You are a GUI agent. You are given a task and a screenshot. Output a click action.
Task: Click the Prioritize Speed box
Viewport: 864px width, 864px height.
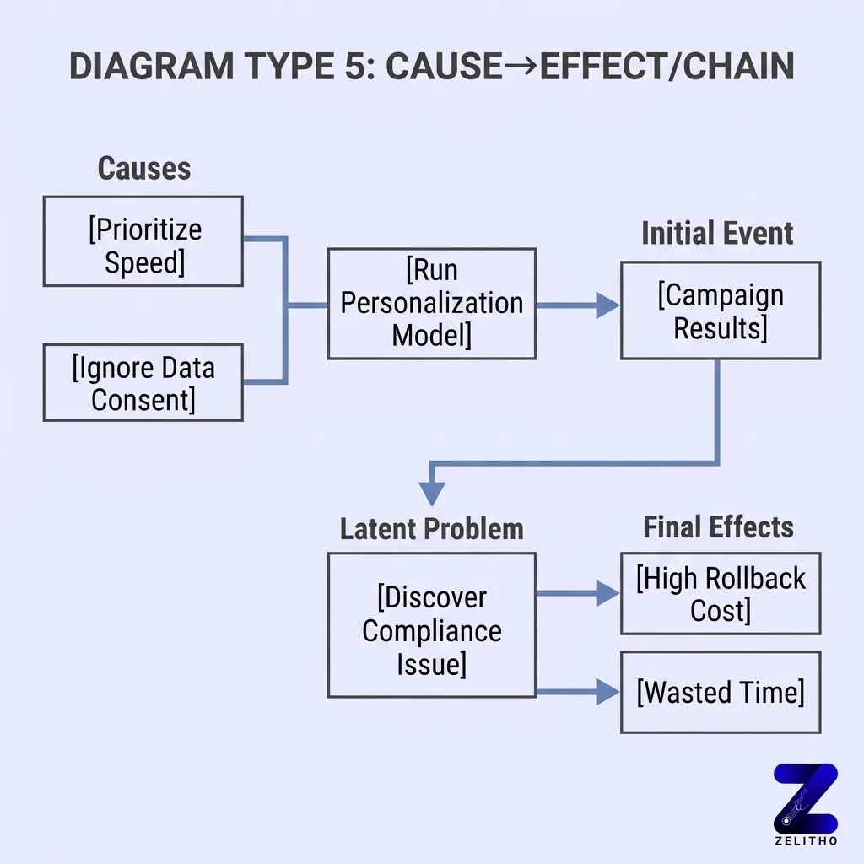[x=143, y=241]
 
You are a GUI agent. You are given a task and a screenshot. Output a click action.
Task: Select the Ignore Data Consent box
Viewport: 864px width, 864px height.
[x=143, y=382]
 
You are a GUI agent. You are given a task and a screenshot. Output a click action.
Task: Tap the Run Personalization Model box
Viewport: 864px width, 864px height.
[x=431, y=303]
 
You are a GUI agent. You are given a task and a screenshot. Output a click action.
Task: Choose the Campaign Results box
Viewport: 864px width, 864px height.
[x=721, y=310]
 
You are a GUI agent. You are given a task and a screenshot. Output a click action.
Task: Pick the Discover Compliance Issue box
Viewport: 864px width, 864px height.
[x=431, y=625]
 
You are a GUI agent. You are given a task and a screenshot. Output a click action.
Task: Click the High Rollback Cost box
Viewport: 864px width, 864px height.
[x=721, y=594]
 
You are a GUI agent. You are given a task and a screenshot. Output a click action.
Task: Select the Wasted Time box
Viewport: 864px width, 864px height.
[x=721, y=693]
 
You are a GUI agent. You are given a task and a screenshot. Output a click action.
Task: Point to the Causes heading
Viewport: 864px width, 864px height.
[x=144, y=169]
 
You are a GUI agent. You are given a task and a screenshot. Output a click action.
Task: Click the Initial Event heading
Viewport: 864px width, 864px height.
[x=717, y=234]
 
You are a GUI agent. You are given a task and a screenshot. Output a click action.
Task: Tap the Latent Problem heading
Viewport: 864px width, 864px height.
[x=431, y=529]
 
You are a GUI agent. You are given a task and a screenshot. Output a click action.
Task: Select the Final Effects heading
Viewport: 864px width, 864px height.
[x=718, y=527]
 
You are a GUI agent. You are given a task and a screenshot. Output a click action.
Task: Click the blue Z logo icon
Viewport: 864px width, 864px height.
[x=806, y=796]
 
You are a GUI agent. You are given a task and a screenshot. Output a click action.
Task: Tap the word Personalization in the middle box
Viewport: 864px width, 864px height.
[x=431, y=303]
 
